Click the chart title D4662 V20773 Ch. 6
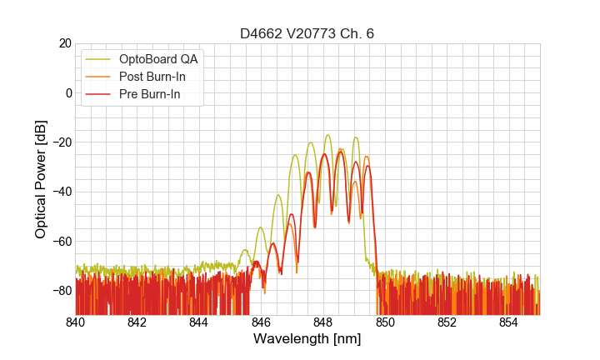coord(307,33)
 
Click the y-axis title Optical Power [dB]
coord(40,179)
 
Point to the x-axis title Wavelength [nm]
coord(307,339)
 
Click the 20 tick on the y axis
coord(64,43)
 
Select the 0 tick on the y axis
coord(68,92)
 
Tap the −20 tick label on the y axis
coord(61,142)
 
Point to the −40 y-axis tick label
coord(61,192)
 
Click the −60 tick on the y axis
coord(61,241)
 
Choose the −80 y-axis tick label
coord(61,290)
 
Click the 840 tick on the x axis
coord(75,322)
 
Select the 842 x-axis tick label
coord(137,322)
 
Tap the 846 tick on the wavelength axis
coord(261,322)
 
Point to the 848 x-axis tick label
coord(322,322)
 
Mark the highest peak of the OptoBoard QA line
coord(327,135)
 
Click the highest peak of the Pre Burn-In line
coord(340,152)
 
